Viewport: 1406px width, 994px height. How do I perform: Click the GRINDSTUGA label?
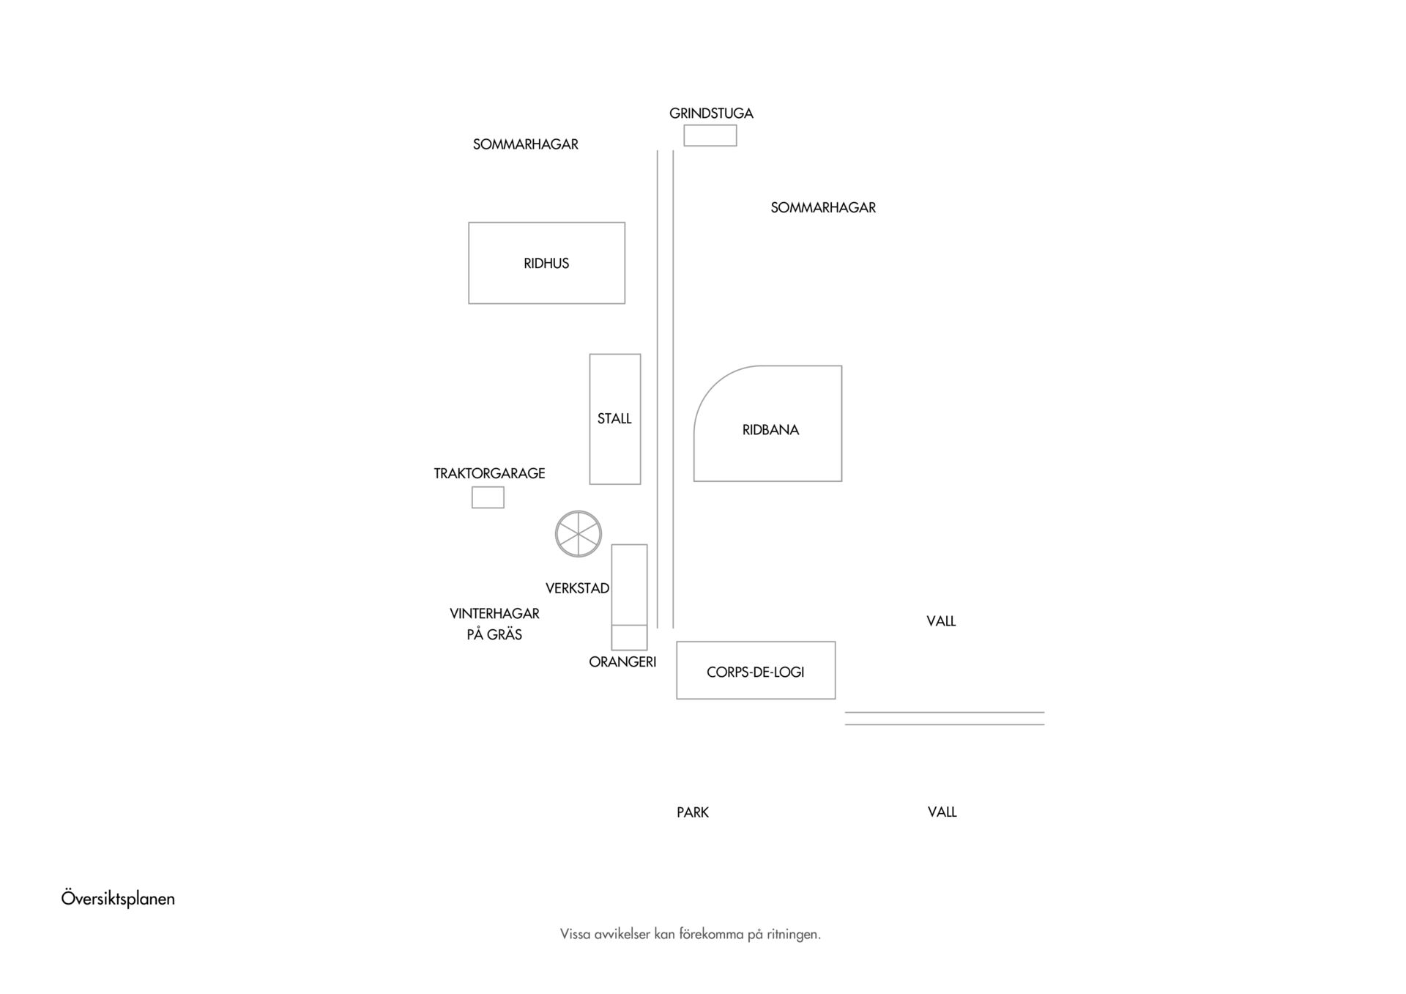711,114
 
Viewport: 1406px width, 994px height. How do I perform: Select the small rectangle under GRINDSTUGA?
710,136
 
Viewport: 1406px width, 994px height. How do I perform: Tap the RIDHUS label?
546,264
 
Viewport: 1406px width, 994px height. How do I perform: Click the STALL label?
614,419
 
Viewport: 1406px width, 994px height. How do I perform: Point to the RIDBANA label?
770,430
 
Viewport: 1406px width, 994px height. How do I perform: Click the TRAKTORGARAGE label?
489,473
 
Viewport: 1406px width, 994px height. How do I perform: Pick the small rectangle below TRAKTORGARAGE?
488,497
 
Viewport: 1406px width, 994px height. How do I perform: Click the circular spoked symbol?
579,534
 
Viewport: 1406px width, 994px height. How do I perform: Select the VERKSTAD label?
577,588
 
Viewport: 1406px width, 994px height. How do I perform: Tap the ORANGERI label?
622,662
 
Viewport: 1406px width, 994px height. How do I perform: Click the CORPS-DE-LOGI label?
756,672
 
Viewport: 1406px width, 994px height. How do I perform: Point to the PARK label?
693,812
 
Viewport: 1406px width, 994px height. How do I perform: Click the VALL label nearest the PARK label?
942,812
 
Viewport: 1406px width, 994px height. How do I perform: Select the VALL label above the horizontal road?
941,621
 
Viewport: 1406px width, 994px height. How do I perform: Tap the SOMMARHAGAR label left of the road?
526,144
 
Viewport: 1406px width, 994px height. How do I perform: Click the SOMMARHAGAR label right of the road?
823,207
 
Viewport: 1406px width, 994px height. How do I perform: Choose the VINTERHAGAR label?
494,614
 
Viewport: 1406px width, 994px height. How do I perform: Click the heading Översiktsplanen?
118,899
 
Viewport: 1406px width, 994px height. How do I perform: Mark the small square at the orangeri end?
630,638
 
